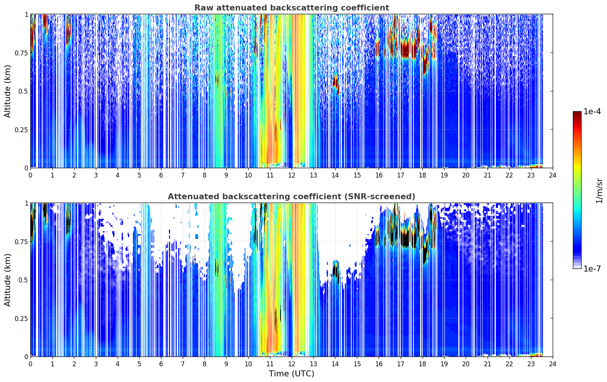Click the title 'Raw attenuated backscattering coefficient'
(x=292, y=7)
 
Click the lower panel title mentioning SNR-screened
(x=291, y=196)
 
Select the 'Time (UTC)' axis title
(x=291, y=374)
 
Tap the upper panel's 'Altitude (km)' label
(x=7, y=91)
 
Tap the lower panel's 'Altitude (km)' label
(x=7, y=280)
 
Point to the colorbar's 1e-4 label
(x=592, y=111)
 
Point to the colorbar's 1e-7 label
(x=592, y=269)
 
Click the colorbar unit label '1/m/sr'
(x=599, y=191)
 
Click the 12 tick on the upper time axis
(x=292, y=175)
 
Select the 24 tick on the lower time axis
(x=553, y=364)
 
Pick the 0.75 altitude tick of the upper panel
(x=21, y=53)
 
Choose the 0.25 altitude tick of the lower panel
(x=21, y=318)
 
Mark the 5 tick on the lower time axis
(x=139, y=364)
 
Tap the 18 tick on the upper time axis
(x=422, y=175)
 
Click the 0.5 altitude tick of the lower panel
(x=23, y=280)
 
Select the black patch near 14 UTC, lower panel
(x=336, y=271)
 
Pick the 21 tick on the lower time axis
(x=488, y=364)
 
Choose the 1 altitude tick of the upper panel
(x=27, y=14)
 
